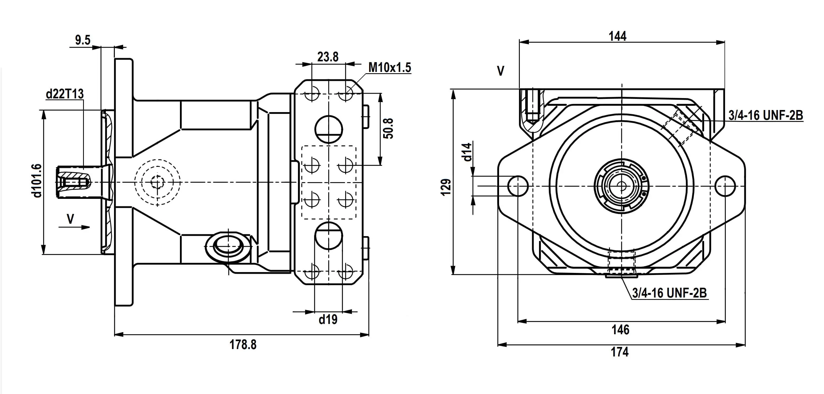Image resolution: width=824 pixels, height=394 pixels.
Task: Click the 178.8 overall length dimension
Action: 243,345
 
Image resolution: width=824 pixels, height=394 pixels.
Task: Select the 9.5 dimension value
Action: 83,40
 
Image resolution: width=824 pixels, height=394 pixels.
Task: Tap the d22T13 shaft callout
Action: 65,94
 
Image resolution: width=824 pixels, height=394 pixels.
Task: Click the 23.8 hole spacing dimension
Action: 328,57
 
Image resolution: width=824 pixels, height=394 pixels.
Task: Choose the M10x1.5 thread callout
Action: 389,68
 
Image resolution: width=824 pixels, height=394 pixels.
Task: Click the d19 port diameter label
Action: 328,319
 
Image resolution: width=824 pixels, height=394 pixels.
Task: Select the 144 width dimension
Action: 617,36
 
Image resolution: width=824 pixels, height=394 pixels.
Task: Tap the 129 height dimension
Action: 446,187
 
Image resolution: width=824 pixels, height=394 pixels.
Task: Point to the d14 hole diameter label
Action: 467,152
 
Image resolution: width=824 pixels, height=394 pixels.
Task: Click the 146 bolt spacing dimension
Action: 620,329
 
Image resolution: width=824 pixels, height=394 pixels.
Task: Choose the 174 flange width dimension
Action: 620,352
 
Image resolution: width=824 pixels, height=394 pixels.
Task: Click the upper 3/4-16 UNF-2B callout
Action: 766,115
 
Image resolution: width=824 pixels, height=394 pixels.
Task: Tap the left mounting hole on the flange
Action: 518,186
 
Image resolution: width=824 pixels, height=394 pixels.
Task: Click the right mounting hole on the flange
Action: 725,186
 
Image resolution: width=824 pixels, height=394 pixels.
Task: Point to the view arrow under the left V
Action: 74,227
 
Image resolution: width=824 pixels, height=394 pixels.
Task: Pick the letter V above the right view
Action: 501,71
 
